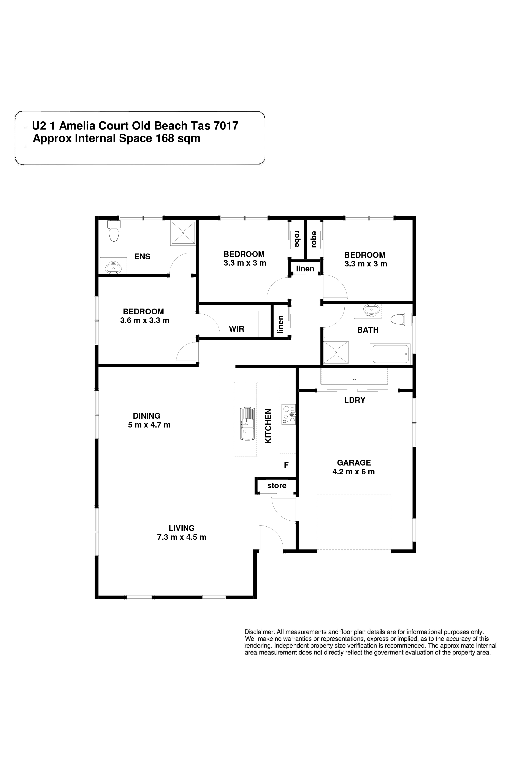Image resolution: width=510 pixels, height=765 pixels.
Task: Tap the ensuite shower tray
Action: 183,233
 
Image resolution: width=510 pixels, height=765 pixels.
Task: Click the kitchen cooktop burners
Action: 288,414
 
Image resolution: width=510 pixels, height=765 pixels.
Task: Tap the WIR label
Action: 236,329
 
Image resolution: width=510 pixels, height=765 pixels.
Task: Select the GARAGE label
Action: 354,462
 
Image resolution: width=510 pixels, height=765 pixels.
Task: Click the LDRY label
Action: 355,400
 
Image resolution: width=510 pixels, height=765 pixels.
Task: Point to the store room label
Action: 277,486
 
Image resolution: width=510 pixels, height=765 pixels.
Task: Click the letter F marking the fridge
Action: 286,465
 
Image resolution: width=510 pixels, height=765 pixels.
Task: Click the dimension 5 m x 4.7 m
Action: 149,425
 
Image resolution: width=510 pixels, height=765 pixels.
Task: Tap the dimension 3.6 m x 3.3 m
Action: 145,320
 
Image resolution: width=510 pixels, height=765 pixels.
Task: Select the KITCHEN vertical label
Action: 268,426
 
